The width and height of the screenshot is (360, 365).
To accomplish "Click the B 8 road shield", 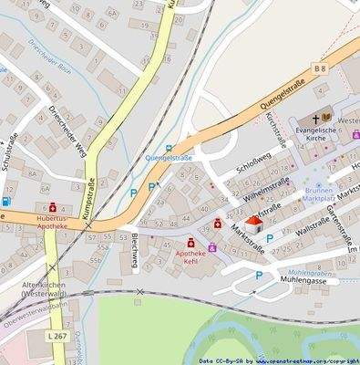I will tap(319, 69).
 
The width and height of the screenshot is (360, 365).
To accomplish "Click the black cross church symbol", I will tap(314, 119).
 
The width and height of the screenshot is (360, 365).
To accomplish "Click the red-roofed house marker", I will tap(253, 224).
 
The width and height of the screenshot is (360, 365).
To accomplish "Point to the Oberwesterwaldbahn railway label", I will tap(36, 316).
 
